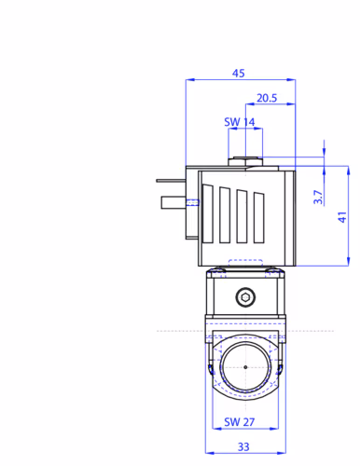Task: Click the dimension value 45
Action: tap(239, 73)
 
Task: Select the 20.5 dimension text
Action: tap(267, 98)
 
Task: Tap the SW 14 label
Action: tap(240, 122)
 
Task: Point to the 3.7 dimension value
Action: tap(318, 197)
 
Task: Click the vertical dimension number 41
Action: tap(342, 217)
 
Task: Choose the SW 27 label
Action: tap(240, 422)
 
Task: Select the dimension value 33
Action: tap(243, 446)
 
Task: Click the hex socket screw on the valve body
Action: tap(245, 297)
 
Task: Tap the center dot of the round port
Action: tap(245, 367)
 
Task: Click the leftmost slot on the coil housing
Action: tap(208, 213)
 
